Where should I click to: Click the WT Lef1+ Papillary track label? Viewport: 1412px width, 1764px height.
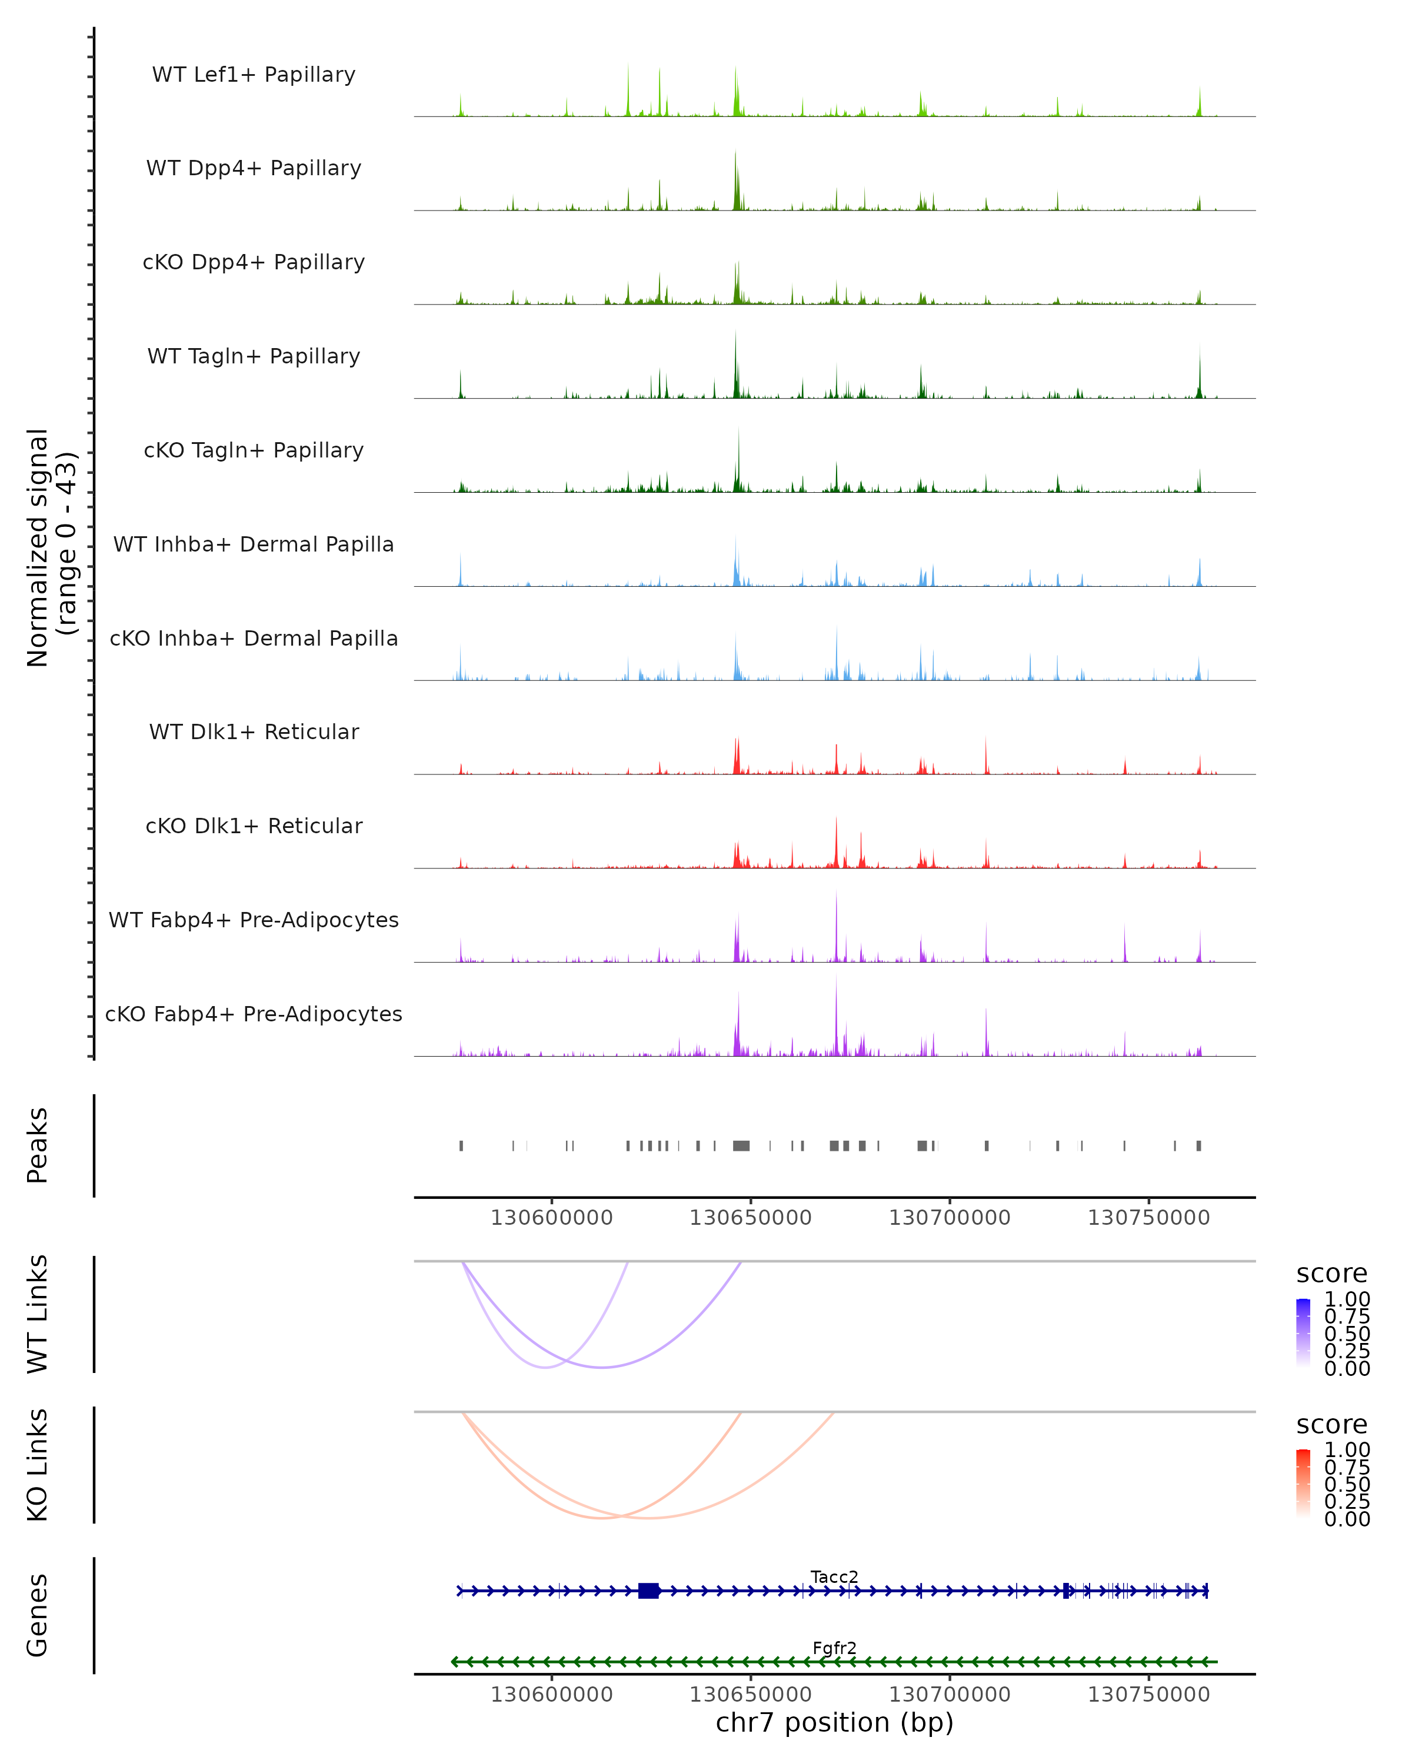coord(254,75)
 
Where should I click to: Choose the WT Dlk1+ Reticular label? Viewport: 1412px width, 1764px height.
coord(254,731)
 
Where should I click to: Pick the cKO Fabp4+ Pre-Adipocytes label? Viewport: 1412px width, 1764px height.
coord(254,1014)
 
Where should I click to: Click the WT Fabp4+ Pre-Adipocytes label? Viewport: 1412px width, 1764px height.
coord(254,920)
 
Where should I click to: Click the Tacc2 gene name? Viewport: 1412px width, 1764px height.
coord(834,1576)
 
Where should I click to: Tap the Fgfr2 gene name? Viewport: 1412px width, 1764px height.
coord(834,1648)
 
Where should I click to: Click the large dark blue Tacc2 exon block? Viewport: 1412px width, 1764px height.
coord(648,1591)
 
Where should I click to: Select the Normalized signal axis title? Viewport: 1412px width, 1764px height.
coord(51,547)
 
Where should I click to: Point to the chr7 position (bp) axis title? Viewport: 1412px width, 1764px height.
coord(834,1722)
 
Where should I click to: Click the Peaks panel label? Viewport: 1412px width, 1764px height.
coord(37,1145)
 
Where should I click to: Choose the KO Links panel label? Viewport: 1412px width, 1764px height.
coord(37,1465)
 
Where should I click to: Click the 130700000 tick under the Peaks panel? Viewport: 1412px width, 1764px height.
coord(950,1218)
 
